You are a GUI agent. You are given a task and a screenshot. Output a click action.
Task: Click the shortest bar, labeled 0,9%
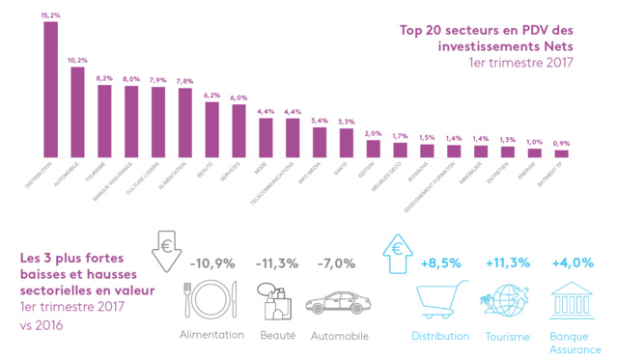561,153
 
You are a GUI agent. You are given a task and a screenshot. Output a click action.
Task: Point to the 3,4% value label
320,121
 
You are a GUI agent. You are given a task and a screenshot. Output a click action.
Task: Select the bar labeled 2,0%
373,148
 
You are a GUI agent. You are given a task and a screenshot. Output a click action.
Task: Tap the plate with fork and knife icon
210,299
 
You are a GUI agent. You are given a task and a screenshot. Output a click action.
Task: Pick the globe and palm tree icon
502,300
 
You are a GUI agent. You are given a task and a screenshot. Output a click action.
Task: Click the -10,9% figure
211,263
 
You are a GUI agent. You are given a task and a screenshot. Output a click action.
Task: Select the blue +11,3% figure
507,263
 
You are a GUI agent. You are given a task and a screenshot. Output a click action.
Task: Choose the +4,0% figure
571,263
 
